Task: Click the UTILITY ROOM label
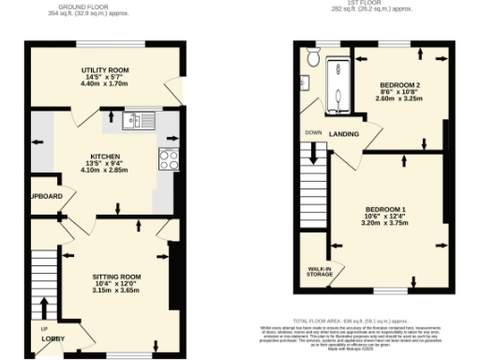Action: click(103, 70)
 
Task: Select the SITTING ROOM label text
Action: click(116, 277)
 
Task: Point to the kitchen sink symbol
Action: click(142, 119)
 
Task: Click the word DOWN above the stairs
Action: click(312, 132)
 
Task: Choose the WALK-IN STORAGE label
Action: click(320, 271)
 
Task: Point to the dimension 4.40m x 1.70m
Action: click(103, 84)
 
